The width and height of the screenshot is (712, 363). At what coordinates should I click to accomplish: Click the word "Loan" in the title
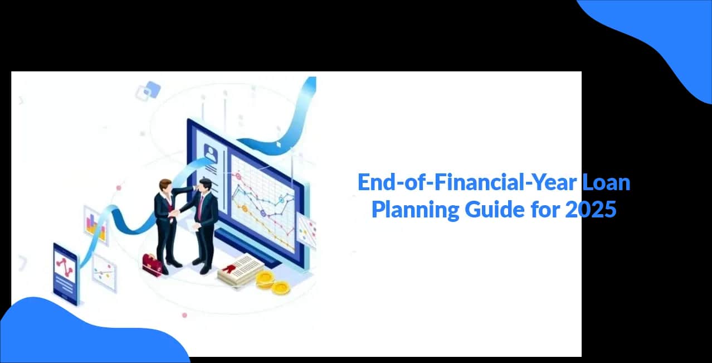click(606, 182)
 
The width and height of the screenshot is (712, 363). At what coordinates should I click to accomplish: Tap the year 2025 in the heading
click(591, 210)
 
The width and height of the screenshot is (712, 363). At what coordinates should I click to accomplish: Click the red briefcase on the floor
click(152, 265)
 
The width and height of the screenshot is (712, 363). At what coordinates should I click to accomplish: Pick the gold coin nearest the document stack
click(265, 279)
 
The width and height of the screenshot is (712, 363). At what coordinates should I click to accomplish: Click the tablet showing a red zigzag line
click(66, 274)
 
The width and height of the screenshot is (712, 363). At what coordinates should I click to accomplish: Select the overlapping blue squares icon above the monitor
click(148, 91)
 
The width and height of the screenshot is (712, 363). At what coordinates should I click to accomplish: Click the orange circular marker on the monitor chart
click(245, 209)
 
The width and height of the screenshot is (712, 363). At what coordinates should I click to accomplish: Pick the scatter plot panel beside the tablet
click(104, 273)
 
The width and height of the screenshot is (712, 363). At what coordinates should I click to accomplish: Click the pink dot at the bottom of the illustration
click(184, 315)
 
